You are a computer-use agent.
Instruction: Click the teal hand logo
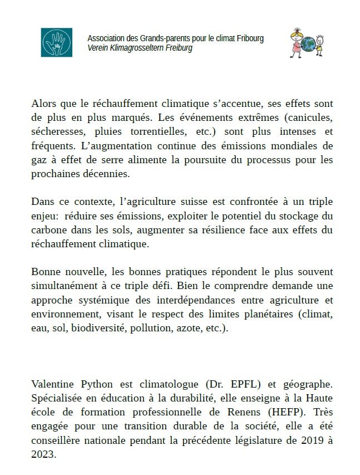56,42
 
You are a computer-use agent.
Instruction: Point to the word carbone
50,229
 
